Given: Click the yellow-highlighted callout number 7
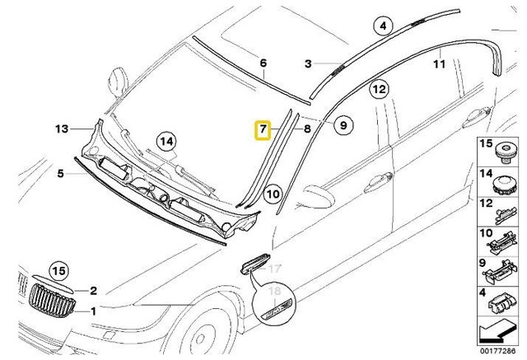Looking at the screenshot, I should click(261, 130).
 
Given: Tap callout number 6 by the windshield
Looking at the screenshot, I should click(263, 63).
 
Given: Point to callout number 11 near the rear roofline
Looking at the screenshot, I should click(439, 63).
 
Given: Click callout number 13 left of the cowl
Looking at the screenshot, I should click(61, 129).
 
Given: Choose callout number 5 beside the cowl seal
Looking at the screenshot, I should click(60, 173).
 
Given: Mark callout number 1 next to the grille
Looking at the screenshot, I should click(93, 311).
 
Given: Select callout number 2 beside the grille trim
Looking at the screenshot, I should click(93, 290).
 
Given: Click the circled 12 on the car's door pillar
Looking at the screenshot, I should click(378, 88).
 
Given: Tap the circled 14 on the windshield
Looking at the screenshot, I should click(167, 141).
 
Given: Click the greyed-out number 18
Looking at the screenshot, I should click(276, 292).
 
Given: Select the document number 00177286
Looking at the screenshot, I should click(501, 353).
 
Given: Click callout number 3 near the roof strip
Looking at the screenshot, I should click(308, 63).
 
